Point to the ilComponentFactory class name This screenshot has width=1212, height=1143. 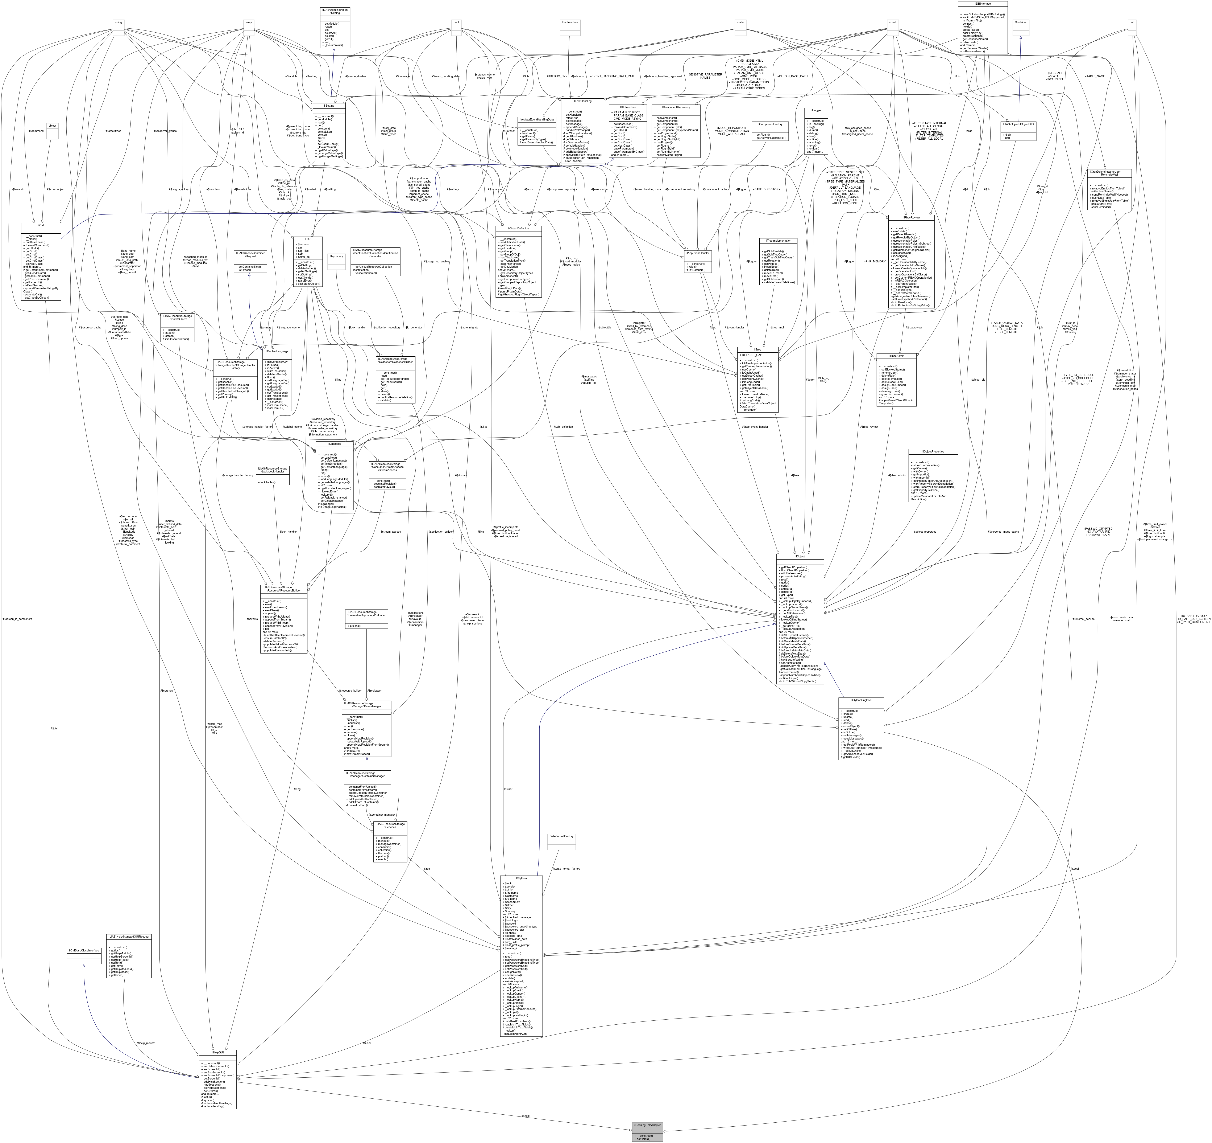click(x=769, y=124)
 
